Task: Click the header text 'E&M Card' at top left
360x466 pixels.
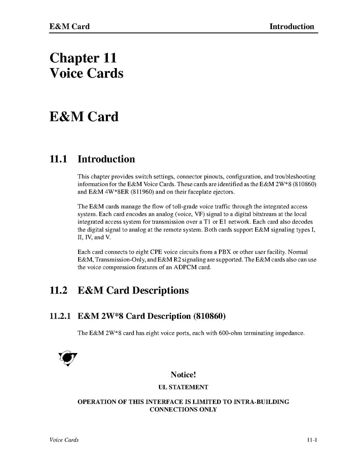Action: (69, 26)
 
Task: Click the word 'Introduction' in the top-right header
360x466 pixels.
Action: (292, 26)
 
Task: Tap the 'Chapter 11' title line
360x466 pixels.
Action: (83, 58)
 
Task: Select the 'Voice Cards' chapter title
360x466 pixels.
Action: (86, 73)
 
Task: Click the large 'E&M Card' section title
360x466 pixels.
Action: (84, 116)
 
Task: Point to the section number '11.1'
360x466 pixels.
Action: (59, 159)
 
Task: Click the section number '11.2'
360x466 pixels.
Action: (59, 290)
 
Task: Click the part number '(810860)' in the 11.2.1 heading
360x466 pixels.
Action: (209, 316)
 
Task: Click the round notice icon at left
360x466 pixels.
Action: (67, 358)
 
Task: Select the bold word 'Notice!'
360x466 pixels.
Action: (183, 375)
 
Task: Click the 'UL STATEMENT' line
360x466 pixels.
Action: (183, 387)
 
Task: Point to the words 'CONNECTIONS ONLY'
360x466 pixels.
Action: (183, 410)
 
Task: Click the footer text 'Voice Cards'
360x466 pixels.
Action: (64, 440)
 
